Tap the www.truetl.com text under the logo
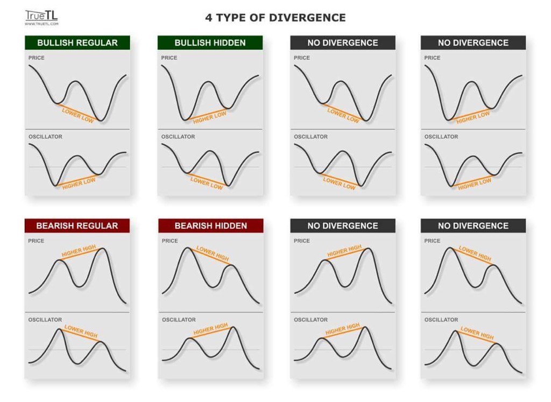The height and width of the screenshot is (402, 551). tap(41, 24)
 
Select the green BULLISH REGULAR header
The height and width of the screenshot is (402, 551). tap(77, 43)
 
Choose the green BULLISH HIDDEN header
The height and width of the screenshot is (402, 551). tap(210, 43)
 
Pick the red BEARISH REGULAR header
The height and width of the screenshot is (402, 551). tap(77, 226)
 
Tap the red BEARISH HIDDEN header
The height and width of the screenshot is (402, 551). tap(210, 226)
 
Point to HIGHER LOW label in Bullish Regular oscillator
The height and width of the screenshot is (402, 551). tap(79, 184)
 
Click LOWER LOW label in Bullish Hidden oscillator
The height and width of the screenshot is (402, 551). tap(207, 183)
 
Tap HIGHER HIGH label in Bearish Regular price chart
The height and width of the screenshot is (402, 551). tap(79, 251)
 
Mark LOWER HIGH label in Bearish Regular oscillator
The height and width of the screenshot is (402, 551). tap(81, 332)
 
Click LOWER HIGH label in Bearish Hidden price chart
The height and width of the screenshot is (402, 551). tap(213, 253)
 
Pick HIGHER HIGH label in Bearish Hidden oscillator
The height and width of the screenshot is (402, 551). tap(210, 329)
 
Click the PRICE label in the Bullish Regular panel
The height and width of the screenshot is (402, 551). tap(37, 58)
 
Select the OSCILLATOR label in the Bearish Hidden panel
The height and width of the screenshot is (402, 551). tap(179, 320)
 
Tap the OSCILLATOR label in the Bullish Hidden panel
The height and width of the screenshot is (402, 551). tap(178, 137)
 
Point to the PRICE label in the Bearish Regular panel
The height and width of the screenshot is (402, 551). tap(37, 241)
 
